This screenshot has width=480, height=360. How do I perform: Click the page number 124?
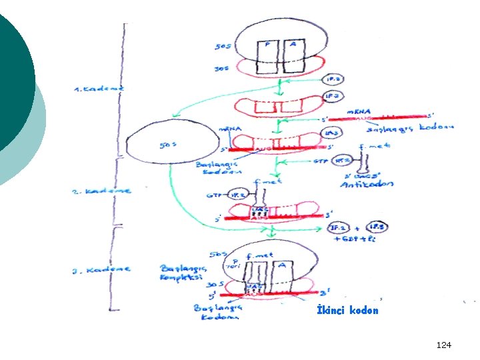pyautogui.click(x=443, y=345)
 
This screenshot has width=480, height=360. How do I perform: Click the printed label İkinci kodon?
pyautogui.click(x=347, y=310)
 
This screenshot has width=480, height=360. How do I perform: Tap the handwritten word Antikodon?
pyautogui.click(x=366, y=183)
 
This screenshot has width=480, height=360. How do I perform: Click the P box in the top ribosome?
pyautogui.click(x=267, y=56)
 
